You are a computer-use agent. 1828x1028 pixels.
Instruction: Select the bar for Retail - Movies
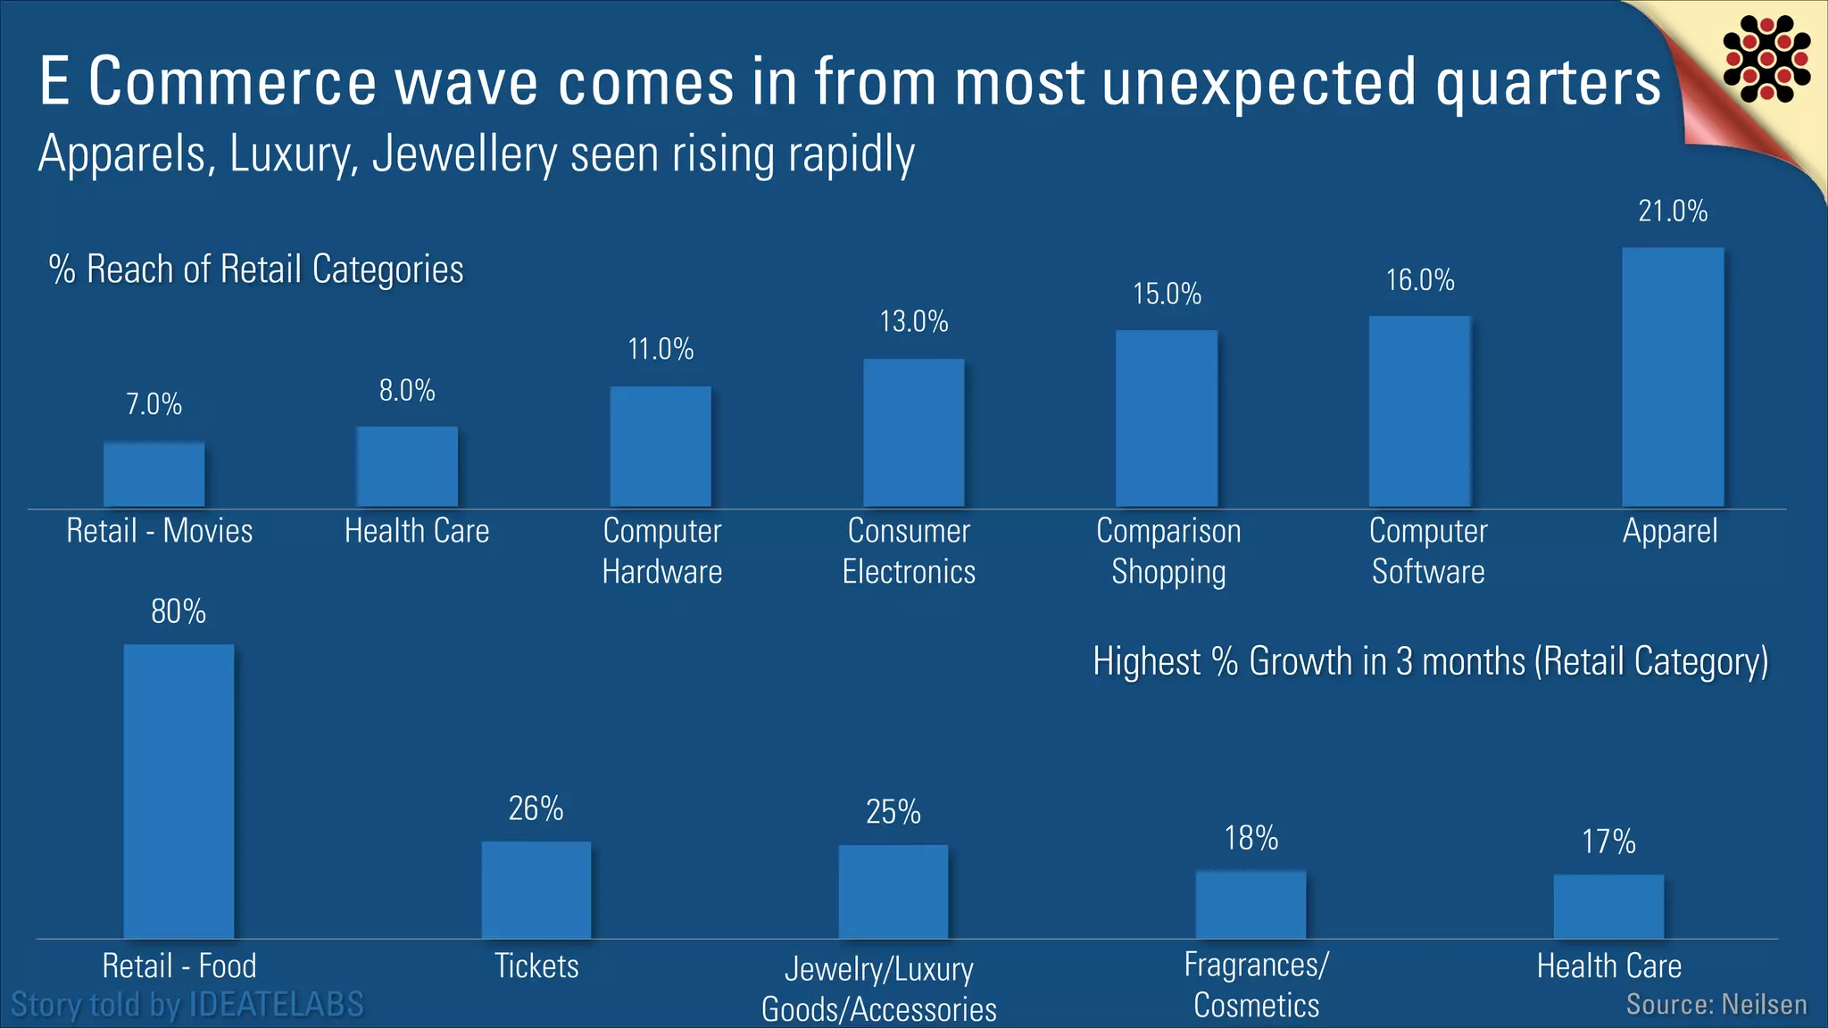[x=154, y=474]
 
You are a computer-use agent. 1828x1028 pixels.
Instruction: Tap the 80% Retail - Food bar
[x=179, y=791]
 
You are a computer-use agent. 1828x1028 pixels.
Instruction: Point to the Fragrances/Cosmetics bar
[x=1251, y=904]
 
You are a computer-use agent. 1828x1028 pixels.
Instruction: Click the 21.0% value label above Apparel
[x=1672, y=211]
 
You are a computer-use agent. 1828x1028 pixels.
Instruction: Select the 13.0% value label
[x=913, y=321]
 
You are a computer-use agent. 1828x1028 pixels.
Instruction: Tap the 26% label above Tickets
[x=536, y=808]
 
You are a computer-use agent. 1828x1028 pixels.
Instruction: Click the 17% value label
[x=1608, y=841]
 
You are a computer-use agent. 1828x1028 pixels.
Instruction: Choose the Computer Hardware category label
[x=661, y=551]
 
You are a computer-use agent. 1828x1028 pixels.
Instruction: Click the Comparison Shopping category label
[x=1167, y=551]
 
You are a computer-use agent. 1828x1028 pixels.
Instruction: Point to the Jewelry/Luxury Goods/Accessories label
[x=878, y=989]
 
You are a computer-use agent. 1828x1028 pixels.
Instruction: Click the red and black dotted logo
[x=1766, y=59]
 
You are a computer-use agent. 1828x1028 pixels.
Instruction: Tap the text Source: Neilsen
[x=1716, y=1005]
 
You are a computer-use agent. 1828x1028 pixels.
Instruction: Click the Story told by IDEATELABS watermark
[x=187, y=1005]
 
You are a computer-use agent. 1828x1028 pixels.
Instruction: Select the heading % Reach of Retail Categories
[x=256, y=269]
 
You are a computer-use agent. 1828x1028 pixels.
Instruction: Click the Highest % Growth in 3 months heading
[x=1430, y=662]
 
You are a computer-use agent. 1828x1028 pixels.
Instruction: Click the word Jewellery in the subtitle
[x=464, y=153]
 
